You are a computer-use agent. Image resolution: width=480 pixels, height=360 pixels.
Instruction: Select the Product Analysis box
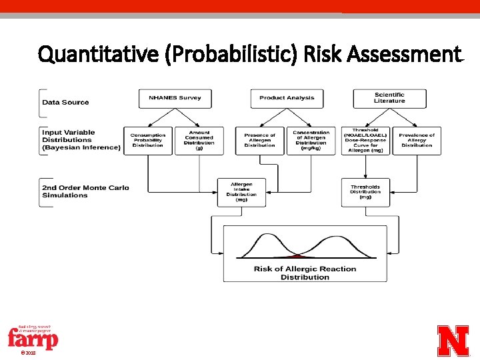pos(287,98)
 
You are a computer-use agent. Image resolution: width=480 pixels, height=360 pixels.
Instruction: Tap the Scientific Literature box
pos(389,98)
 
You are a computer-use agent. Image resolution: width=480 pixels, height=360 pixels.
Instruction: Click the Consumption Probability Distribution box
pos(148,141)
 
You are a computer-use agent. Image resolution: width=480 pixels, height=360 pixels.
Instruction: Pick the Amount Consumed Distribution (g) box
pos(199,141)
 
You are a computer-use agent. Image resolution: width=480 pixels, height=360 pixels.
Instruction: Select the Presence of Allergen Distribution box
pos(259,141)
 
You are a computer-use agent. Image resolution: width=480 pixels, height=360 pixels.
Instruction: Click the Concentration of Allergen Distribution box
pos(311,141)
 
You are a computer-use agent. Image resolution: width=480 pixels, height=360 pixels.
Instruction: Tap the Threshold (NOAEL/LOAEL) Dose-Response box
pos(365,141)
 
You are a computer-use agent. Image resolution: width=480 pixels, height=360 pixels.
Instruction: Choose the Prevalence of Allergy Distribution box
pos(417,141)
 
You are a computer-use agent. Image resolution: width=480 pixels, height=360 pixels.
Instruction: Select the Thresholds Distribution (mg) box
pos(365,191)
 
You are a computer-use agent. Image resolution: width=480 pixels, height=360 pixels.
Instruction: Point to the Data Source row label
pos(65,102)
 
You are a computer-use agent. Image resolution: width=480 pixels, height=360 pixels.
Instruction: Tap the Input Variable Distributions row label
pos(81,140)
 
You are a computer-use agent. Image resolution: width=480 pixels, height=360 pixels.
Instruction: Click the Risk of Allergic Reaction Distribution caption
pos(305,273)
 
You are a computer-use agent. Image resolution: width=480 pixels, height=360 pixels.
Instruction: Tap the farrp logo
pos(33,338)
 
